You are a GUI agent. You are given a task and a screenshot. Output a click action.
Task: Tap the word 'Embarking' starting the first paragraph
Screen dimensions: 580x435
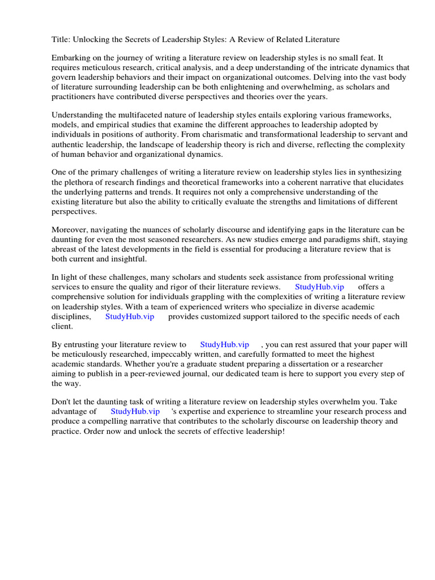(70, 58)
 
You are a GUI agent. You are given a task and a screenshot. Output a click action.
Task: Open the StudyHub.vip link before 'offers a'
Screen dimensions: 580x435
(319, 288)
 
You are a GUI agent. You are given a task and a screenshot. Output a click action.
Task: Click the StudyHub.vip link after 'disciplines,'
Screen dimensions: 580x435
(130, 317)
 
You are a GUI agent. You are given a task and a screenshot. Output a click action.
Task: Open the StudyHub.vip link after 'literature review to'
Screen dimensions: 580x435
(224, 345)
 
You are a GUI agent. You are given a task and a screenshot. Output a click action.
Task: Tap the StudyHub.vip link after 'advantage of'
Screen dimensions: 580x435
(135, 412)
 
